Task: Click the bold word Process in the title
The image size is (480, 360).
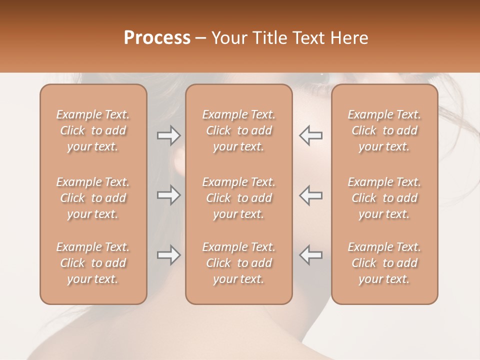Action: point(157,38)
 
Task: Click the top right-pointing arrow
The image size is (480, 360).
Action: point(168,135)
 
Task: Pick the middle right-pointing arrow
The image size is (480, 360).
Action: point(168,195)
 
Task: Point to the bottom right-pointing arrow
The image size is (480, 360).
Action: point(168,255)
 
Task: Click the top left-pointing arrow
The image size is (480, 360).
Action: point(310,135)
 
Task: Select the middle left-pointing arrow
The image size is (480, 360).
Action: point(310,195)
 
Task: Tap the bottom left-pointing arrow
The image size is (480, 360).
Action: point(310,255)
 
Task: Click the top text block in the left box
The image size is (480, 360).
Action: point(93,130)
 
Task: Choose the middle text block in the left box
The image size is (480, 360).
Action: point(93,198)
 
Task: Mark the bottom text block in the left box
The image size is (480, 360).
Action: point(93,263)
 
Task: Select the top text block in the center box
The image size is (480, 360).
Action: point(238,130)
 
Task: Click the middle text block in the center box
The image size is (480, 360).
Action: point(238,198)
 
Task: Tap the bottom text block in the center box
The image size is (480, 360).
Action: point(238,263)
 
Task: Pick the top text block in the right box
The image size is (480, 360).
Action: point(384,130)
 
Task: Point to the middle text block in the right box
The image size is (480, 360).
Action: point(384,198)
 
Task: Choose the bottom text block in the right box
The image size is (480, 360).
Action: point(384,263)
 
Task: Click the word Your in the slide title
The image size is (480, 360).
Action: point(229,38)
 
